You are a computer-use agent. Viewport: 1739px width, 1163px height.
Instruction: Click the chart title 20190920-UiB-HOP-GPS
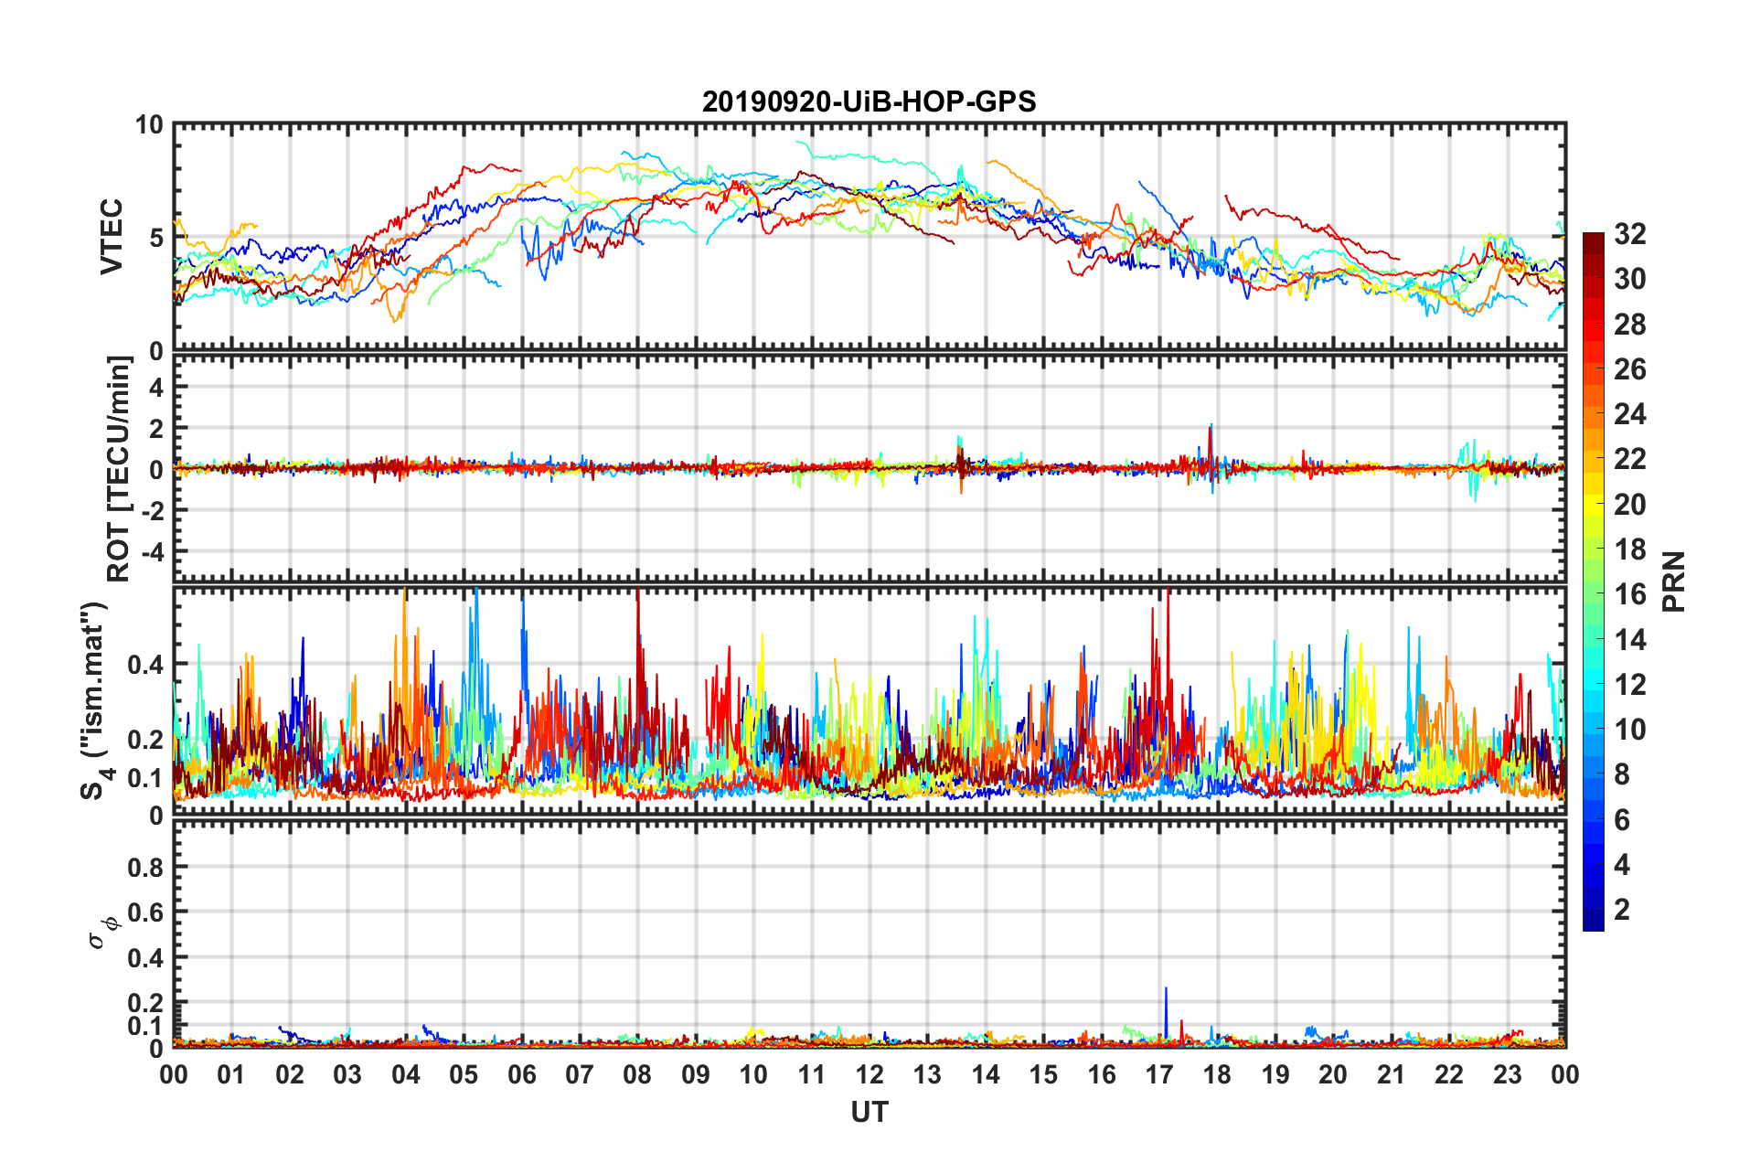(x=869, y=101)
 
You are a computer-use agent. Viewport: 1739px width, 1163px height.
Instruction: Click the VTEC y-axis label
(x=112, y=237)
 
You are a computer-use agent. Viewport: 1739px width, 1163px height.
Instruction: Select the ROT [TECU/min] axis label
(x=119, y=468)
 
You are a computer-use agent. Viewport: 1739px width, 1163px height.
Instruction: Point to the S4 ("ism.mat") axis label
(x=95, y=700)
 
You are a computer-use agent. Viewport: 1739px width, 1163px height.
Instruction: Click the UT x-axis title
(x=869, y=1112)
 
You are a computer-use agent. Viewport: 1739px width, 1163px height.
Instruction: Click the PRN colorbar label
(x=1673, y=581)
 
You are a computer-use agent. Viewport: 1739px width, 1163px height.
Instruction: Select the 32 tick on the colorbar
(x=1629, y=234)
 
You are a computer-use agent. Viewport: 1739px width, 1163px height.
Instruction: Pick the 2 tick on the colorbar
(x=1622, y=909)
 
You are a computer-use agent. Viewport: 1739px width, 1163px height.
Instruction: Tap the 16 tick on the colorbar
(x=1629, y=594)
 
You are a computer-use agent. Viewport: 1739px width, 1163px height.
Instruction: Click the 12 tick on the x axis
(x=869, y=1074)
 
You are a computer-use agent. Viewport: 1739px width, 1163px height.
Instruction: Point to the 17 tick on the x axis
(x=1159, y=1074)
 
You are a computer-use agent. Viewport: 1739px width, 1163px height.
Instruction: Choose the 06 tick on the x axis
(x=521, y=1074)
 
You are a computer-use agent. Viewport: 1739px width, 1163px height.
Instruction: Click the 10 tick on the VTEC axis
(x=149, y=124)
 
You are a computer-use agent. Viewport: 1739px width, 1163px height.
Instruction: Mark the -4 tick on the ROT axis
(x=153, y=551)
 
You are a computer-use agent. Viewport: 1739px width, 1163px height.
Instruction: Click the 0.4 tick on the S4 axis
(x=146, y=664)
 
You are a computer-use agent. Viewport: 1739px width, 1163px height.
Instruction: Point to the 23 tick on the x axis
(x=1507, y=1074)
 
